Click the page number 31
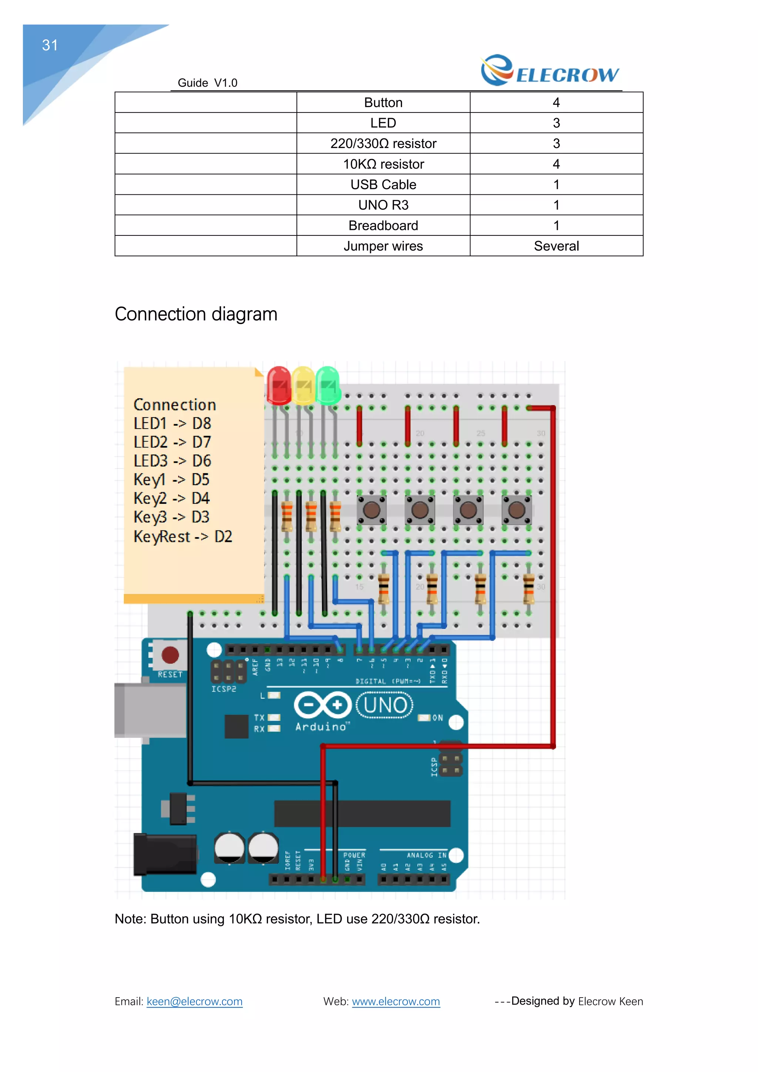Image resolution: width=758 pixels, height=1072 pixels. [x=50, y=45]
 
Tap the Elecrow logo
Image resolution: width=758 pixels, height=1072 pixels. [x=550, y=71]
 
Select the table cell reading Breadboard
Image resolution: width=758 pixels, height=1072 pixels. [x=383, y=225]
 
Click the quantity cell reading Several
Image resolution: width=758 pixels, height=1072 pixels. [x=556, y=246]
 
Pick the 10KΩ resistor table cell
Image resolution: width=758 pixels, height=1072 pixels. [x=383, y=164]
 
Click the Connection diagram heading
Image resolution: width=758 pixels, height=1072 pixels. [x=196, y=314]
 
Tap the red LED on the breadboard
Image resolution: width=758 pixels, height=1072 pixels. [x=279, y=386]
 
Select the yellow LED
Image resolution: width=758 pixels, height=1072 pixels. [x=304, y=386]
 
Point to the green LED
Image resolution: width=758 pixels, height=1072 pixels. [x=328, y=386]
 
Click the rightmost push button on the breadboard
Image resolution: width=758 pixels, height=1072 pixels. [x=516, y=510]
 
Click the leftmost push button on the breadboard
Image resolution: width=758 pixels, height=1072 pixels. [x=372, y=510]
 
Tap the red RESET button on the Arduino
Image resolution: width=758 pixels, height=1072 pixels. [x=170, y=655]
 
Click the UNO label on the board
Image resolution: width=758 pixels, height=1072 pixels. [x=385, y=705]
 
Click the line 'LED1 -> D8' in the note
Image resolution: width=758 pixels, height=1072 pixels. [x=172, y=423]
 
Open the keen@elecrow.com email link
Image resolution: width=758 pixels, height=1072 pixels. [x=194, y=1002]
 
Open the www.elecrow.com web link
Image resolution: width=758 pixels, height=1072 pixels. [x=395, y=1002]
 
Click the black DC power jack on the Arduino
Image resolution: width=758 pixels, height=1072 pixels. [x=164, y=854]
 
